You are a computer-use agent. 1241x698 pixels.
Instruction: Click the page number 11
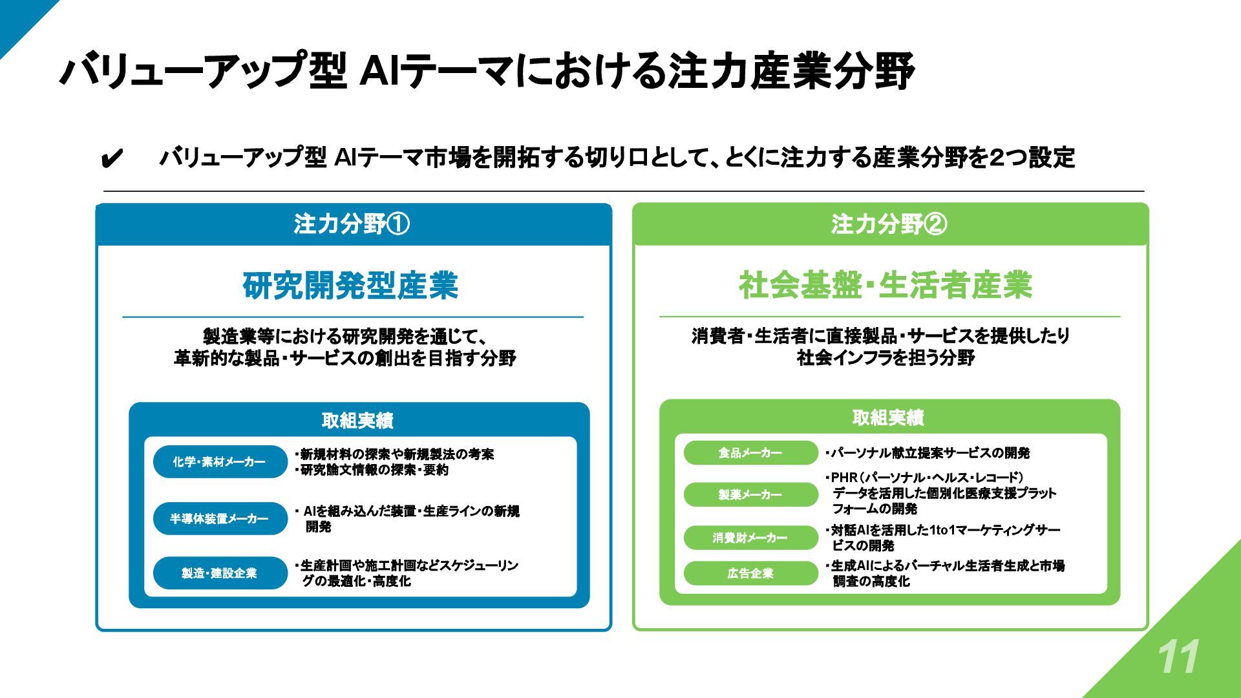coord(1178,657)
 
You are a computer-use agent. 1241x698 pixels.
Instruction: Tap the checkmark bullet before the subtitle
coord(112,158)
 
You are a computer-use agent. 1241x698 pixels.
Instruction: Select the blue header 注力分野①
coord(352,224)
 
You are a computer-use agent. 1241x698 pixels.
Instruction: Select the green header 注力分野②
coord(889,224)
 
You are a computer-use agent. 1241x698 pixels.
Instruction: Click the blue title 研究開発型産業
coord(350,286)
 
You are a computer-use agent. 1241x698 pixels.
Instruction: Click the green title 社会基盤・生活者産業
coord(886,286)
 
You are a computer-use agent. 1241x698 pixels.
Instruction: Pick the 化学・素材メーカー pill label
coord(219,462)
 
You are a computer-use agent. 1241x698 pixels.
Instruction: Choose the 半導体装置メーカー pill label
coord(219,519)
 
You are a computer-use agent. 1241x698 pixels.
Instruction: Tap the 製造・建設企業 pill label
coord(219,573)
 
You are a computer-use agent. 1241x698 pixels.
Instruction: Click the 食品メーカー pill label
coord(750,453)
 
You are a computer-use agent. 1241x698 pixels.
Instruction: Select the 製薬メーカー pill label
coord(750,494)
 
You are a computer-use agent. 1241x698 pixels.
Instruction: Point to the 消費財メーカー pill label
coord(750,538)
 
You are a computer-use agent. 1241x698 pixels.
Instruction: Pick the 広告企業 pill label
coord(750,573)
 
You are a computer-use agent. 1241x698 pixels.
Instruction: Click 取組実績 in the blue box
coord(357,421)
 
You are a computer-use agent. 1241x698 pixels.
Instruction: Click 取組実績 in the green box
coord(888,418)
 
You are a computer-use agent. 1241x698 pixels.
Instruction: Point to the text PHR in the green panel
coord(844,478)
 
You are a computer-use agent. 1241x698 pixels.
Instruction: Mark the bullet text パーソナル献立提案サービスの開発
coord(929,453)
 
